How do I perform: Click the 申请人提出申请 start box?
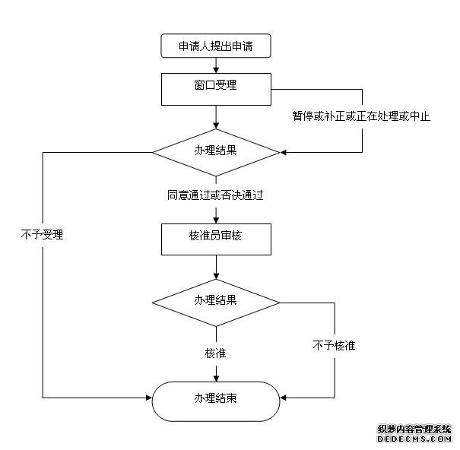215,46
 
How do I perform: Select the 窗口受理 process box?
216,88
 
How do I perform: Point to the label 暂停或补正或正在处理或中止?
361,117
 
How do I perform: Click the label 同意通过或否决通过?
215,195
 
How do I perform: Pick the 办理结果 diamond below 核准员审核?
216,301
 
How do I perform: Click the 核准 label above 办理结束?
215,353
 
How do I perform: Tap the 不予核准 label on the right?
334,346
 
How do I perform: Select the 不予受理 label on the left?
42,235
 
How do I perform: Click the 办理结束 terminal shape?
216,398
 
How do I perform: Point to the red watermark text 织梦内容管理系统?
414,429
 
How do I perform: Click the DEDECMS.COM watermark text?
414,439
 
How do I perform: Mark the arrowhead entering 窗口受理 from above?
216,69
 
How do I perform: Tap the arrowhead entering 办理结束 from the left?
149,398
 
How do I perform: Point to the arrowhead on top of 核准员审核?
216,220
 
